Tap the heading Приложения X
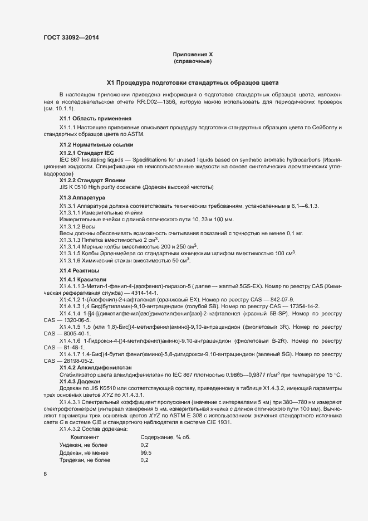(193, 54)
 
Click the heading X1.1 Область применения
(95, 119)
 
